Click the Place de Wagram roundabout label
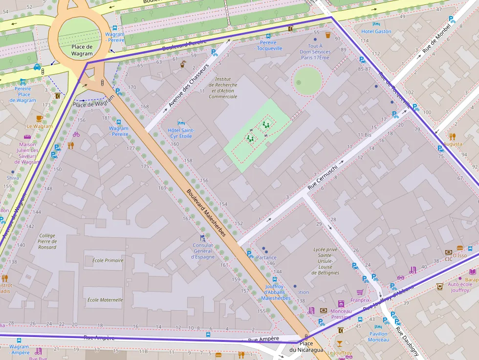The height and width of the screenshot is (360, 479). click(82, 50)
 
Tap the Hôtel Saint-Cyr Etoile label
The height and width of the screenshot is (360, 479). click(181, 133)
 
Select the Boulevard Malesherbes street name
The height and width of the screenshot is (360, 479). click(206, 213)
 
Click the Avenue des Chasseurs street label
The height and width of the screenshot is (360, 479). click(189, 85)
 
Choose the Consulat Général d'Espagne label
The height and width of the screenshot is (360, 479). click(202, 251)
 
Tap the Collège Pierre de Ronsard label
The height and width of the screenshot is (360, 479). click(47, 241)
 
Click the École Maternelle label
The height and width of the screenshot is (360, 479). click(105, 300)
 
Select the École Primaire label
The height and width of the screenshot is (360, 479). click(108, 260)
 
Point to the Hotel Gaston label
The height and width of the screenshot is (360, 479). click(376, 31)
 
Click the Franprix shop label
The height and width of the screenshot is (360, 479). click(360, 300)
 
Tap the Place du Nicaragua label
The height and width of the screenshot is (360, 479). click(306, 347)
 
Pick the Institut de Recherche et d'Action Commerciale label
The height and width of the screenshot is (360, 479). click(223, 87)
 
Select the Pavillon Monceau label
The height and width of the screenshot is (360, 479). click(378, 337)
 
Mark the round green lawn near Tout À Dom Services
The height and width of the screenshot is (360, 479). click(307, 81)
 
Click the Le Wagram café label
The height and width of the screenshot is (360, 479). click(40, 126)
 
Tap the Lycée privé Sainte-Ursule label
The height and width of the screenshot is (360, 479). click(326, 261)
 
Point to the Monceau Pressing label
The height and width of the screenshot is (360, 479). click(341, 314)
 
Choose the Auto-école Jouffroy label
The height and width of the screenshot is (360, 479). click(460, 287)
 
